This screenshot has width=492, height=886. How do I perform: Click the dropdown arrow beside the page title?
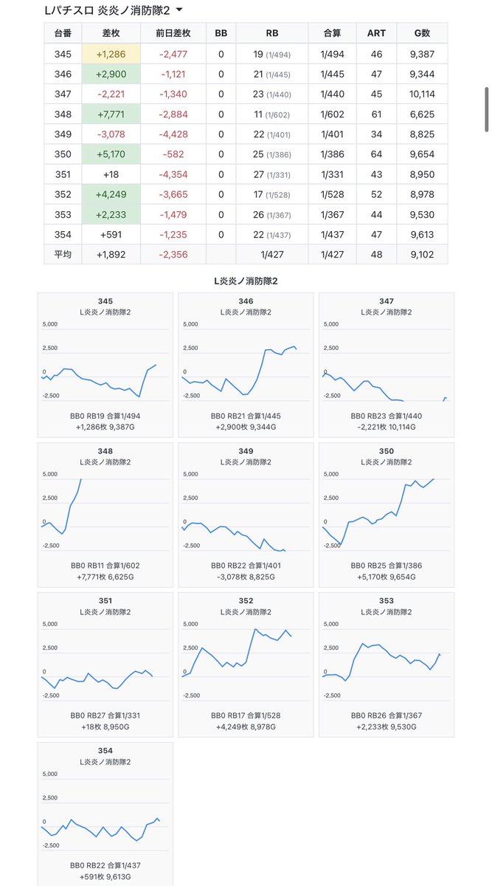pos(179,10)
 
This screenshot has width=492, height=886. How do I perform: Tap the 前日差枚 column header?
pos(173,33)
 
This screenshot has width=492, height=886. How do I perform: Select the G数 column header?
pos(422,33)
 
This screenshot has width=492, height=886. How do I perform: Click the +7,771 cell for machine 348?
pos(111,114)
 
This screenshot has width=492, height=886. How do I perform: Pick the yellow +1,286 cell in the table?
pos(111,54)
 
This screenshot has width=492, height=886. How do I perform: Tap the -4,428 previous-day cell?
pos(173,134)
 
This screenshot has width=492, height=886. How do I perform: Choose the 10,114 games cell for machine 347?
pos(422,95)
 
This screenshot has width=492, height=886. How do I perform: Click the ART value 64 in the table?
pos(376,154)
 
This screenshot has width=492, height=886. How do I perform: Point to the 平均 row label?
pos(63,254)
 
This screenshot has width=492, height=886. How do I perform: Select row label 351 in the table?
pos(63,174)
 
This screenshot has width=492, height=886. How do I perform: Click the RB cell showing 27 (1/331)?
pos(272,174)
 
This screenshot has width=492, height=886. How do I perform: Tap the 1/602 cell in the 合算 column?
pos(332,114)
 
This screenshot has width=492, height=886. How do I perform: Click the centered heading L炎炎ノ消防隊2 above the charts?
pos(246,281)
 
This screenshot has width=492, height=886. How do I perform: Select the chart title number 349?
pos(246,451)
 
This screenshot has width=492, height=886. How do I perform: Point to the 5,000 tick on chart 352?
pos(190,624)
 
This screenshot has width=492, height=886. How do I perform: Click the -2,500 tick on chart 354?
pos(51,845)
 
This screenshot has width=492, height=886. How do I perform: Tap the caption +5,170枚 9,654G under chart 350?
pos(387,577)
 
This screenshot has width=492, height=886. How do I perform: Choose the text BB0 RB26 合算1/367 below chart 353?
pos(387,715)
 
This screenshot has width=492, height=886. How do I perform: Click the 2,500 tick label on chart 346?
pos(190,348)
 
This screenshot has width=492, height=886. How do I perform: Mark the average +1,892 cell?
pos(111,254)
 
